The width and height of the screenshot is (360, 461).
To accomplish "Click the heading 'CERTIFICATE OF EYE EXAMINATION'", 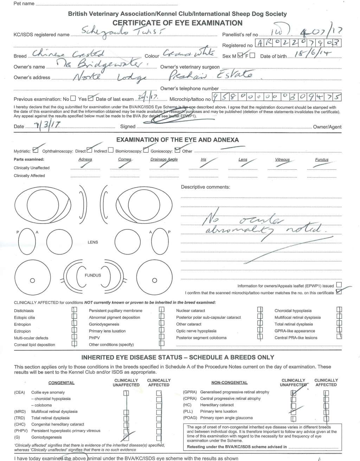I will pyautogui.click(x=177, y=23).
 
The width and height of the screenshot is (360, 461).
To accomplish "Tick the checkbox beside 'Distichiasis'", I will pyautogui.click(x=74, y=310).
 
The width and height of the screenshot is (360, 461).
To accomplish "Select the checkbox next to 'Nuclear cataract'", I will pyautogui.click(x=260, y=310).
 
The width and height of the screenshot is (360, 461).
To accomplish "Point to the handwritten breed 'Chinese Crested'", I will pyautogui.click(x=69, y=54).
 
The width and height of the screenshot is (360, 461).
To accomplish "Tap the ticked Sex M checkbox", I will pyautogui.click(x=240, y=56).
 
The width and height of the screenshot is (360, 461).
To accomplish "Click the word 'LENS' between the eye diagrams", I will pyautogui.click(x=93, y=242).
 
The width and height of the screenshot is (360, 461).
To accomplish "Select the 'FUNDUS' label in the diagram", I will pyautogui.click(x=93, y=275).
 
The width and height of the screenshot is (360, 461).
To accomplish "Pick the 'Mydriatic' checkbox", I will pyautogui.click(x=35, y=151).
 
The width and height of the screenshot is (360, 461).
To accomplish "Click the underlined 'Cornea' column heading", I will pyautogui.click(x=125, y=160).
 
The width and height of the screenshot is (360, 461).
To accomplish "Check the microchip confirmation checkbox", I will pyautogui.click(x=339, y=292).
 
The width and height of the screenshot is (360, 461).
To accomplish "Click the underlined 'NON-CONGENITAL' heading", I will pyautogui.click(x=229, y=383).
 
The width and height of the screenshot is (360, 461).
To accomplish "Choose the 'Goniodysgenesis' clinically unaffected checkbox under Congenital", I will pyautogui.click(x=126, y=437).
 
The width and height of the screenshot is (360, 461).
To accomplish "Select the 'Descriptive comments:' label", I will pyautogui.click(x=205, y=187).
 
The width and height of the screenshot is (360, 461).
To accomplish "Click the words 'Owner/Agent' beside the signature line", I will pyautogui.click(x=327, y=127).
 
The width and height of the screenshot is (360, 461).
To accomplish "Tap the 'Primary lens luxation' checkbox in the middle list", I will pyautogui.click(x=162, y=331).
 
